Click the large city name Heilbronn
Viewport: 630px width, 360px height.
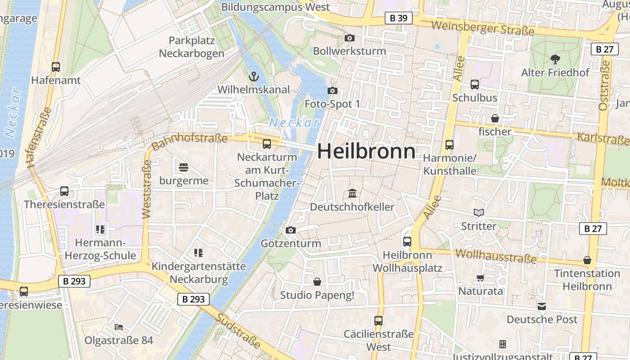point(366,151)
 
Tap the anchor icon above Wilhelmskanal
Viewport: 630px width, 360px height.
point(254,76)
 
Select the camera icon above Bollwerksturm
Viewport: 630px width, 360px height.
point(349,38)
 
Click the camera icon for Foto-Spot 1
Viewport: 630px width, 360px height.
point(332,91)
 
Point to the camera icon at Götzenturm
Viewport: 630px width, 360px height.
point(291,230)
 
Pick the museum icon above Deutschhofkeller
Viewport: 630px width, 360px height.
point(352,193)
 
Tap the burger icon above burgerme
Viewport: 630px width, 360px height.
point(184,168)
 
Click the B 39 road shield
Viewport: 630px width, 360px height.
point(399,18)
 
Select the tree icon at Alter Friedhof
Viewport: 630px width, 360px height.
point(555,58)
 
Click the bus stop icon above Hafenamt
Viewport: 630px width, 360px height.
point(56,67)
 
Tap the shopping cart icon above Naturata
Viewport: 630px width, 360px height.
point(480,278)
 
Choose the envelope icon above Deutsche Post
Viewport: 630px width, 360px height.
point(542,306)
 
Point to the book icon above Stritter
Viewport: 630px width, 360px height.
point(478,212)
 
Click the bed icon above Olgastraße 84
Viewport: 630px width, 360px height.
point(119,327)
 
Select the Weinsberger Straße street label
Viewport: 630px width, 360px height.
point(482,28)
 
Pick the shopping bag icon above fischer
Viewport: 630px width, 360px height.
point(495,118)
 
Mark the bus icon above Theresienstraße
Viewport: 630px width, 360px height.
point(64,191)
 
